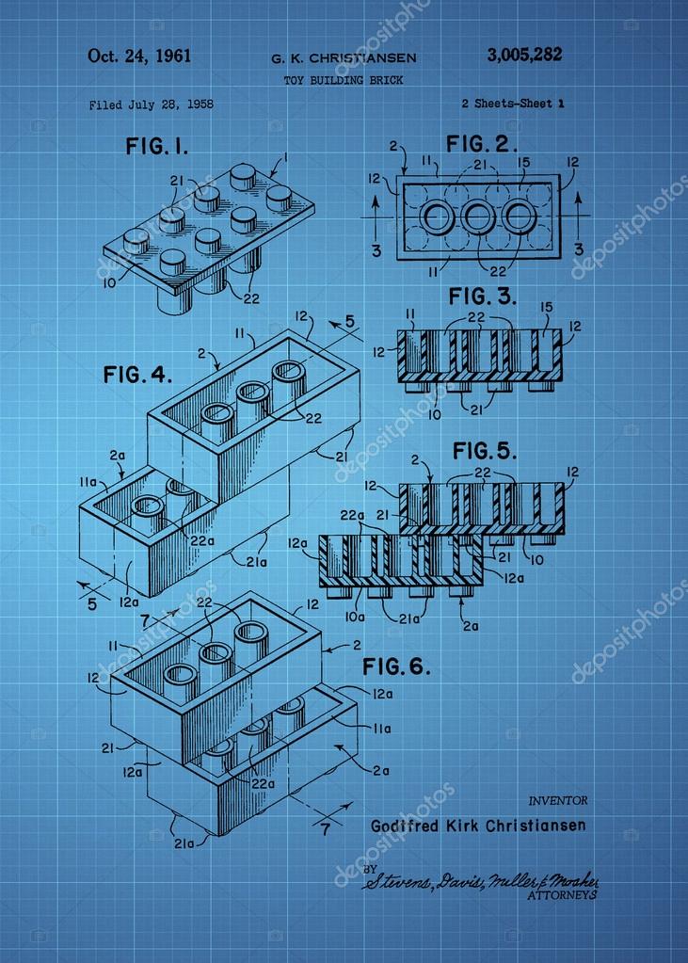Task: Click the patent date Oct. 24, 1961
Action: (139, 56)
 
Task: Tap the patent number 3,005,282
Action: (524, 55)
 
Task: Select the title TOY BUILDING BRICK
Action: (344, 81)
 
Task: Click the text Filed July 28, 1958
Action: (151, 104)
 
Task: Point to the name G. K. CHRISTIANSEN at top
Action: (344, 58)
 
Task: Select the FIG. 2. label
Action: (482, 144)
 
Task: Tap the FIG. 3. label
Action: (482, 297)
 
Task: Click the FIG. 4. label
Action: (137, 375)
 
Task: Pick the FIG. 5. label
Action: (485, 451)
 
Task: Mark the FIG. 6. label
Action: (396, 668)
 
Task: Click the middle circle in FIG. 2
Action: (478, 217)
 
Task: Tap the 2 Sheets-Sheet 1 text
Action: (513, 104)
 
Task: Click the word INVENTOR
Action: (558, 800)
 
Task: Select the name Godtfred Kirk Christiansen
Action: (478, 826)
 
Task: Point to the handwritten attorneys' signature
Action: (480, 881)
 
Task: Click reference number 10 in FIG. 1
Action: (111, 281)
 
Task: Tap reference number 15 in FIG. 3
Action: (546, 307)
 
